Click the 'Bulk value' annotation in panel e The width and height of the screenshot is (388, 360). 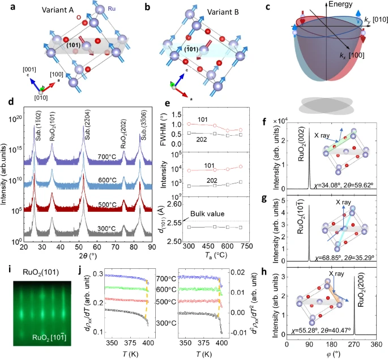point(207,214)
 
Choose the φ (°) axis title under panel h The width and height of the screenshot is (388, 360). point(329,354)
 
